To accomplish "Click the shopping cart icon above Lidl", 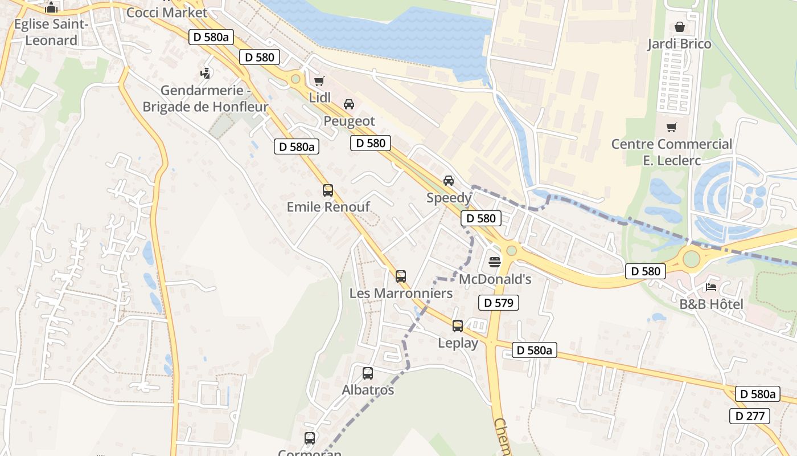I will coord(319,81).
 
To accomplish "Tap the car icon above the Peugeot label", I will coord(349,104).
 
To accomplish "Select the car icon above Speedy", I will coord(449,181).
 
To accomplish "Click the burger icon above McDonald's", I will coord(494,262).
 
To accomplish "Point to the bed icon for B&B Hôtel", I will coord(711,287).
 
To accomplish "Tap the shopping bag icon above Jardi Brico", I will coord(679,27).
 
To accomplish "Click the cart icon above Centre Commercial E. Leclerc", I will coord(672,127).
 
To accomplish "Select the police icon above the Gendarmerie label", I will coord(206,73).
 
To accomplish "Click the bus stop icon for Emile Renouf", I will coord(328,190).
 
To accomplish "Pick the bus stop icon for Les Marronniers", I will coord(401,276).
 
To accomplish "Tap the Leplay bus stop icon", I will coord(458,326).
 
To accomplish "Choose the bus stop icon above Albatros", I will coord(368,373).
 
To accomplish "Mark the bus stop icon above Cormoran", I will coord(310,438).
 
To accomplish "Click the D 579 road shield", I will coord(498,303).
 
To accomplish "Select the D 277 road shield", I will coord(750,416).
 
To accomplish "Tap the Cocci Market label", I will coord(167,12).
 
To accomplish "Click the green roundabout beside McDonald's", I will coord(511,250).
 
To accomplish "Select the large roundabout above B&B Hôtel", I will coord(691,259).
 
